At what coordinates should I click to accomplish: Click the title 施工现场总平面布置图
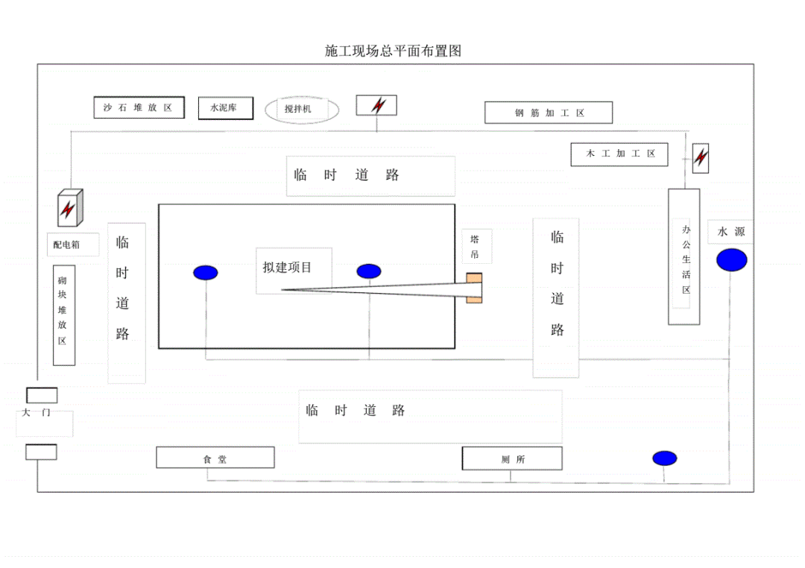(394, 51)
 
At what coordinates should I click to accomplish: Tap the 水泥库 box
(226, 108)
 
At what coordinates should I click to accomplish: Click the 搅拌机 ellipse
(302, 110)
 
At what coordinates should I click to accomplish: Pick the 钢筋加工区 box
(549, 113)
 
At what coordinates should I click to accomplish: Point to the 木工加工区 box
(619, 154)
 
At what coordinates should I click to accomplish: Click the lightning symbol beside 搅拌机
(376, 106)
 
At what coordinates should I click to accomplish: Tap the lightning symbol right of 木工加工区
(701, 158)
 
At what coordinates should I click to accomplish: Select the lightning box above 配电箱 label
(70, 208)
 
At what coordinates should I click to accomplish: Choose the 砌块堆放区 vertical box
(63, 315)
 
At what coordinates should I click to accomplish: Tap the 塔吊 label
(475, 247)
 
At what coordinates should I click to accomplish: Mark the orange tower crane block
(474, 288)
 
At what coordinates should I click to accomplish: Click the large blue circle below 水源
(731, 260)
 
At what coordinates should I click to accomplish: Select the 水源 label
(730, 233)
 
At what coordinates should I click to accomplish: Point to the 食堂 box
(215, 458)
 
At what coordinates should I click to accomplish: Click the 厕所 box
(512, 459)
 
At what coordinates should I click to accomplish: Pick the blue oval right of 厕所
(664, 458)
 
